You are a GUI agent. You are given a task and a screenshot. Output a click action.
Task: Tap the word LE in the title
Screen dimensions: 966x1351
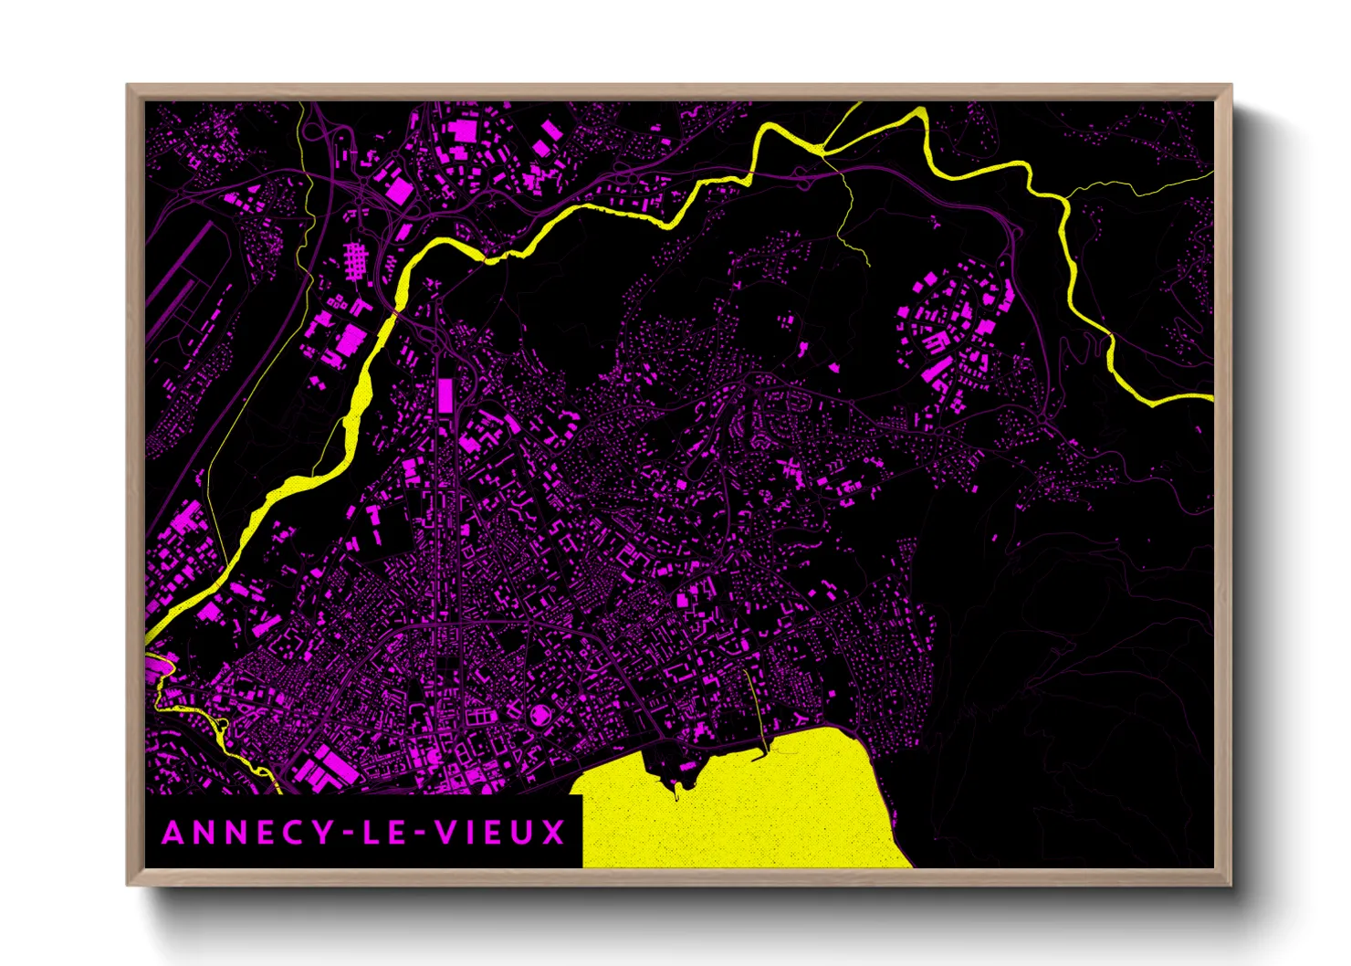(x=382, y=833)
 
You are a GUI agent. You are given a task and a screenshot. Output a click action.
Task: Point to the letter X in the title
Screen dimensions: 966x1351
(x=554, y=833)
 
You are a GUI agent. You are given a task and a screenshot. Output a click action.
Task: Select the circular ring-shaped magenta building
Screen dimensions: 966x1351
(x=540, y=715)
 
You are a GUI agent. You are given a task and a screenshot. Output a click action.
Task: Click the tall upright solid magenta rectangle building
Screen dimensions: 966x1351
(x=445, y=395)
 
